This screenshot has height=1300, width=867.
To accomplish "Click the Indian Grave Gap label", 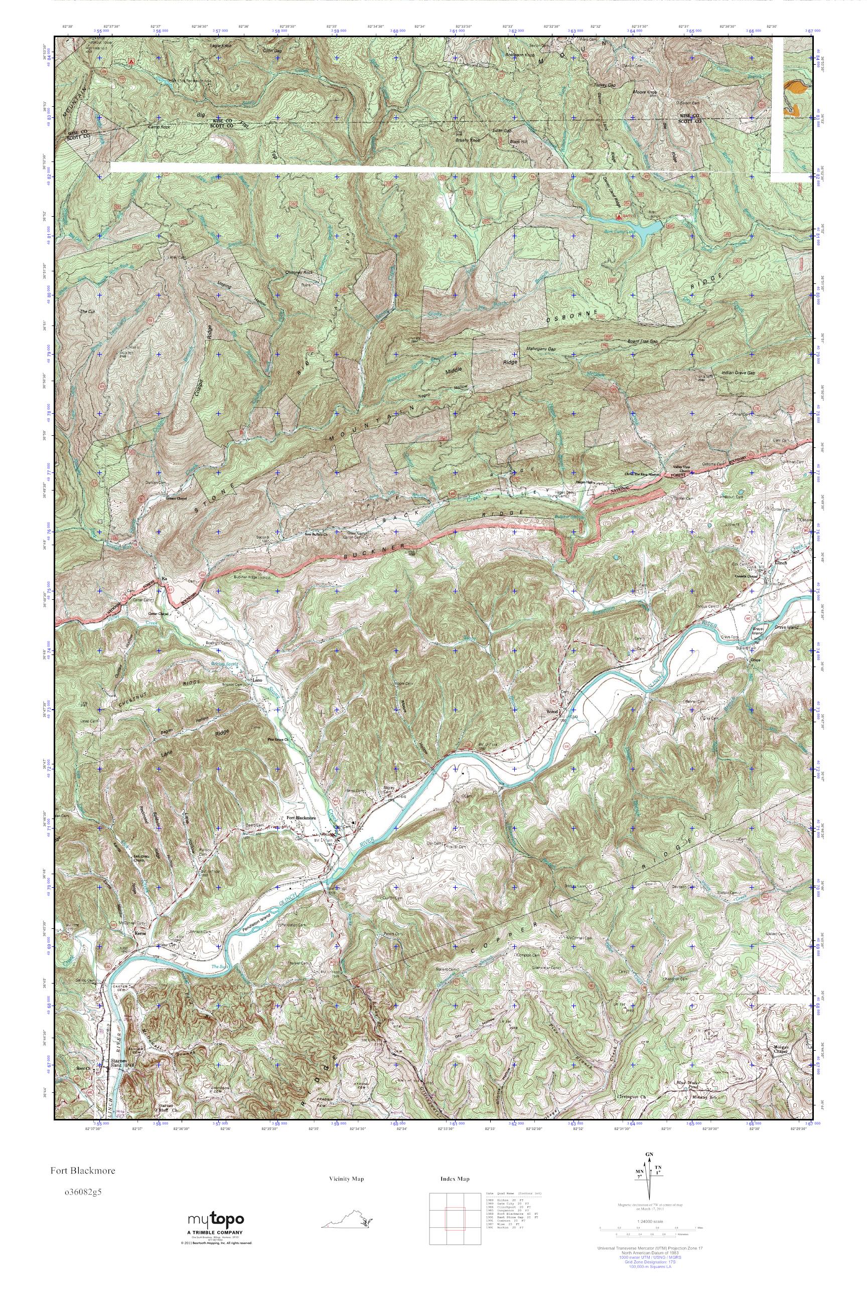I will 738,373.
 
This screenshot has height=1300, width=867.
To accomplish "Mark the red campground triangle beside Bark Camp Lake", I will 618,216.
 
